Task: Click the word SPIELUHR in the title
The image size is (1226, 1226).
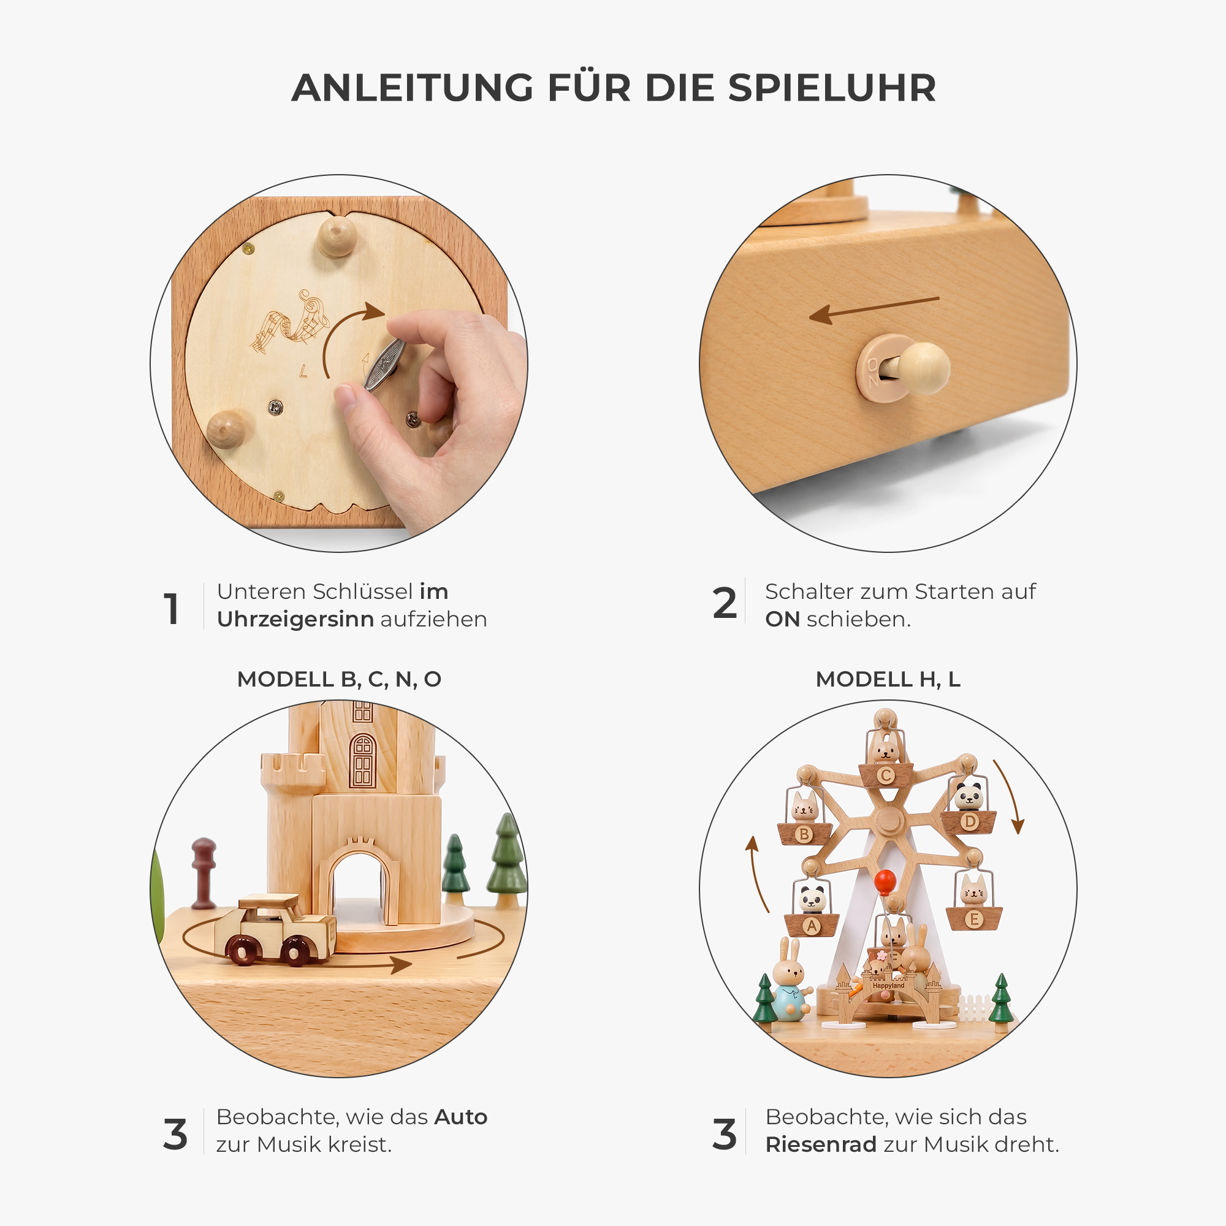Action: pyautogui.click(x=832, y=88)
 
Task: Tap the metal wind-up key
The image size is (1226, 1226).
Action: pyautogui.click(x=384, y=364)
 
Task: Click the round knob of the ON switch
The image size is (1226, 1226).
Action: pyautogui.click(x=924, y=368)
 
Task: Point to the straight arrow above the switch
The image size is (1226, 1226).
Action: pyautogui.click(x=874, y=310)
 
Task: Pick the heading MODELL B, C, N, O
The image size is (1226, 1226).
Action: pyautogui.click(x=339, y=679)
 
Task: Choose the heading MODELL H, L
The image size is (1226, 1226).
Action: pyautogui.click(x=888, y=679)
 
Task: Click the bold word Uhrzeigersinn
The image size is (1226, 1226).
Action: pyautogui.click(x=295, y=619)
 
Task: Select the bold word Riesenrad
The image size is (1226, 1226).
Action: pyautogui.click(x=821, y=1144)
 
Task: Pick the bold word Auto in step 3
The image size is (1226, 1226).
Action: pyautogui.click(x=461, y=1117)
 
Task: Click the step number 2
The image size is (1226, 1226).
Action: pyautogui.click(x=725, y=603)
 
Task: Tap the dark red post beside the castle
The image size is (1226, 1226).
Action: pyautogui.click(x=204, y=874)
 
